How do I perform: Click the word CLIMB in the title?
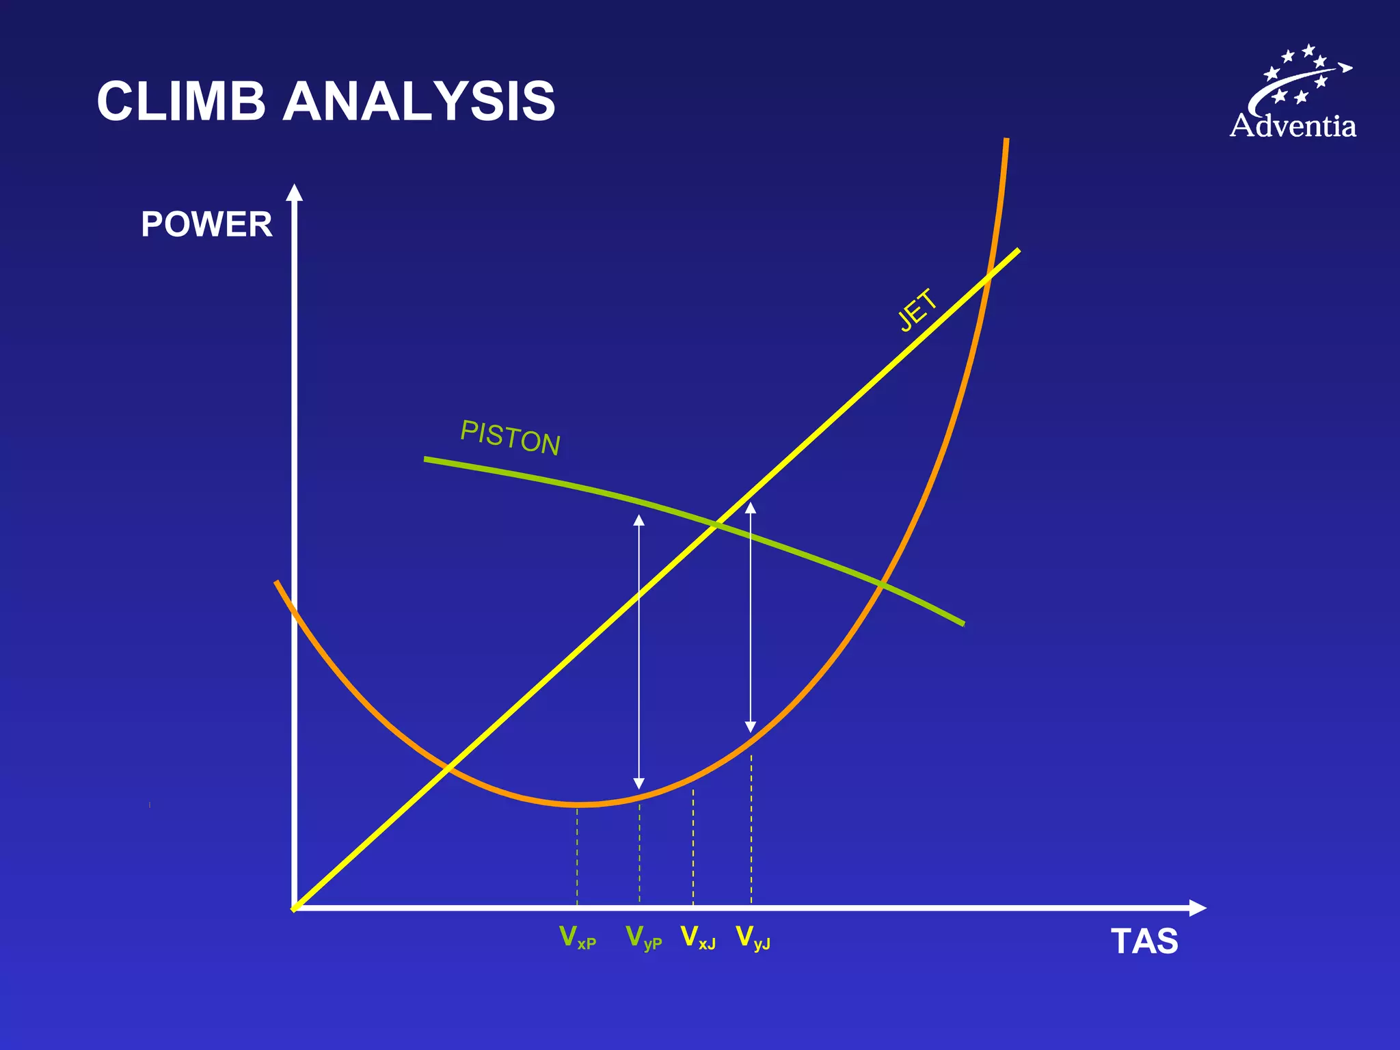[180, 101]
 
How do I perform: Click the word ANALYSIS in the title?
[418, 101]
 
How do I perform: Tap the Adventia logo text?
[1293, 126]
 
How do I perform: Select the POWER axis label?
[206, 224]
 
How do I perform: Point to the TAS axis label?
[1144, 941]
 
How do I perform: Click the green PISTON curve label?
[511, 437]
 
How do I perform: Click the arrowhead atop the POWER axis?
[294, 193]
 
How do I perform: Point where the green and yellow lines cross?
[716, 525]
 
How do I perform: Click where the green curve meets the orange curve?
[883, 585]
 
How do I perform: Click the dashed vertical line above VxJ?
[693, 848]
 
